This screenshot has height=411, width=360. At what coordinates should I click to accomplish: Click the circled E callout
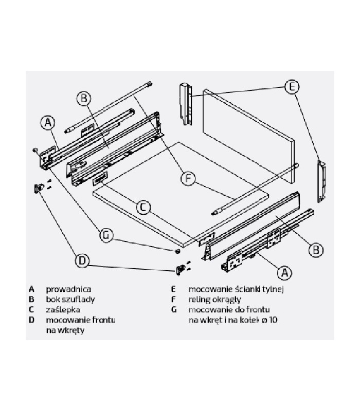pyautogui.click(x=292, y=86)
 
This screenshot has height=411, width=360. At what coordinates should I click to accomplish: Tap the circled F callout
pyautogui.click(x=188, y=179)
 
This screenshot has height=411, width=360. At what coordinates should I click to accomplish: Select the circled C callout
pyautogui.click(x=143, y=208)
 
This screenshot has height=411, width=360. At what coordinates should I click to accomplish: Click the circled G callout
pyautogui.click(x=106, y=235)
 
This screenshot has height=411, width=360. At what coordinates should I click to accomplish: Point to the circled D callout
pyautogui.click(x=82, y=260)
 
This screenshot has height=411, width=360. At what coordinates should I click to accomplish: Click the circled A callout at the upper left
pyautogui.click(x=48, y=122)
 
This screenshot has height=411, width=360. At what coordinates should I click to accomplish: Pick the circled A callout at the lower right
pyautogui.click(x=284, y=273)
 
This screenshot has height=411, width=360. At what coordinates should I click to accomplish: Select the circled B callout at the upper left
pyautogui.click(x=84, y=98)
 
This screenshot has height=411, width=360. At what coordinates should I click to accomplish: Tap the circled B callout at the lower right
pyautogui.click(x=316, y=250)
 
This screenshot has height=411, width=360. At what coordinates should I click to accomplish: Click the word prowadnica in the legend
pyautogui.click(x=69, y=289)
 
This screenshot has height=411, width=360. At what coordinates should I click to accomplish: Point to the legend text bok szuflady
pyautogui.click(x=70, y=300)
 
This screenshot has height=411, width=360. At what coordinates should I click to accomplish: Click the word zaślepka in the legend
pyautogui.click(x=63, y=310)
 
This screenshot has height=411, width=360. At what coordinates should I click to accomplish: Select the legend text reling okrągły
pyautogui.click(x=214, y=300)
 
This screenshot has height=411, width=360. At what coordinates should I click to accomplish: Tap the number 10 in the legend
pyautogui.click(x=273, y=320)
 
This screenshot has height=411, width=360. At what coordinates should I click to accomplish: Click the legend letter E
pyautogui.click(x=173, y=289)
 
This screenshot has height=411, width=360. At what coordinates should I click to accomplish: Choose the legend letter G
pyautogui.click(x=174, y=310)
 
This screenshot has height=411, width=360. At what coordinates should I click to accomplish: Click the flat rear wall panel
pyautogui.click(x=249, y=136)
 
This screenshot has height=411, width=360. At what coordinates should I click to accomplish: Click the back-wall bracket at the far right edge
pyautogui.click(x=322, y=182)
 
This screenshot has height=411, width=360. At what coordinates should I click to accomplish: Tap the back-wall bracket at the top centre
pyautogui.click(x=186, y=104)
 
